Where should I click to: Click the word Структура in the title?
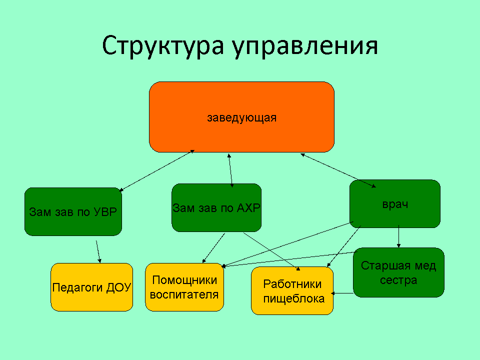(x=162, y=45)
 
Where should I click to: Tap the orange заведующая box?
(x=241, y=117)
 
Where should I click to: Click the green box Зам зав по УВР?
(x=73, y=211)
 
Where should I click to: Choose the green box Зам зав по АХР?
(x=216, y=207)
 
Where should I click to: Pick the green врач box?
(x=395, y=203)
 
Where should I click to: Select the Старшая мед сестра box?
(x=398, y=272)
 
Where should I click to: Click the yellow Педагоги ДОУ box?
(x=92, y=287)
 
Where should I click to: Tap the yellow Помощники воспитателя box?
(x=184, y=287)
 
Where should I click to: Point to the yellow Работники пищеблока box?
(x=292, y=291)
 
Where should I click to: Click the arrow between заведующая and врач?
(x=338, y=170)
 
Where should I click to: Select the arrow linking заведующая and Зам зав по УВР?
(x=156, y=170)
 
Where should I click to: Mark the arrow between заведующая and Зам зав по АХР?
(x=230, y=170)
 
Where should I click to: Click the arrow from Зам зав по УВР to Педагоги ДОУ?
(x=98, y=251)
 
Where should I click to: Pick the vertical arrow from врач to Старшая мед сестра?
(x=398, y=236)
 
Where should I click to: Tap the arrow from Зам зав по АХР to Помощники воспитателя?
(x=213, y=248)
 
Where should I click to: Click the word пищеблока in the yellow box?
(x=294, y=299)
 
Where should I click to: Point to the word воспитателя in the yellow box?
(x=184, y=295)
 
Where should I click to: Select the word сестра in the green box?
(x=398, y=280)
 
